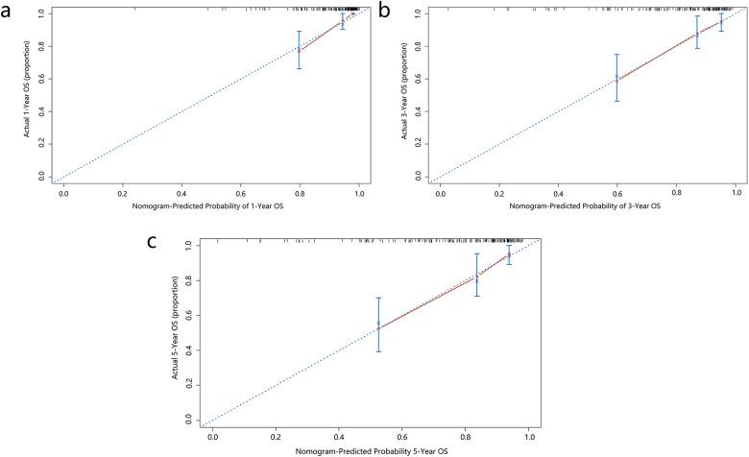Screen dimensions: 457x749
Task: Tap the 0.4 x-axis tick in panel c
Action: click(x=339, y=437)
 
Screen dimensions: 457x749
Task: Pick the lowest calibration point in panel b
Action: click(x=616, y=79)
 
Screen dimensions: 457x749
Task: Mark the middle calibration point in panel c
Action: click(x=476, y=277)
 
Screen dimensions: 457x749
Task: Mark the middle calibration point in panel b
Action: click(x=697, y=35)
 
